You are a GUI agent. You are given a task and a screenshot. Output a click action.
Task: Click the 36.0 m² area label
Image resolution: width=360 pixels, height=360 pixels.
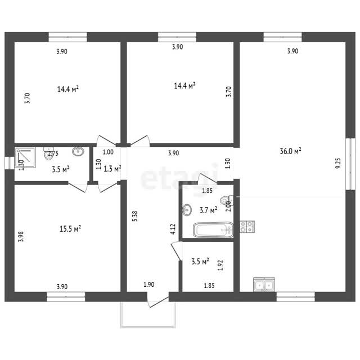click(290, 151)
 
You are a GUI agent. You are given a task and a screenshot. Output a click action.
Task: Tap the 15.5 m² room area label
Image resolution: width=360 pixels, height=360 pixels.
click(70, 229)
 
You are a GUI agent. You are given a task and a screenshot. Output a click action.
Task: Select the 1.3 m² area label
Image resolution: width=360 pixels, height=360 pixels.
click(112, 169)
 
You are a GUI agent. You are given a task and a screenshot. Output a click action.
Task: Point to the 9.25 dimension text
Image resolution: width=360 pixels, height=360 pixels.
click(338, 163)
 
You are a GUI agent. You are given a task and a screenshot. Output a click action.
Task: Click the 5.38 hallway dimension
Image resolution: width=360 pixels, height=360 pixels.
click(135, 216)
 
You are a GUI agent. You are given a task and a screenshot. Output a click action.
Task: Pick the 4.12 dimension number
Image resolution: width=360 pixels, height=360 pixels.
click(173, 229)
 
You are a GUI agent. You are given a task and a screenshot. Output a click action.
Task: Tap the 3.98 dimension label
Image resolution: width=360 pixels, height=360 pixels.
click(21, 236)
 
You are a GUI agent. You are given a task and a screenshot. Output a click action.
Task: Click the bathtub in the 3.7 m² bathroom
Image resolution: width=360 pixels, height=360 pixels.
click(213, 229)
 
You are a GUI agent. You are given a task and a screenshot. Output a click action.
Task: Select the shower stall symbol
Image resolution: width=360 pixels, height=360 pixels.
click(25, 157)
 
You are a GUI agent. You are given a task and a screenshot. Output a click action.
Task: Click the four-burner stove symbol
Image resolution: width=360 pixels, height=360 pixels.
click(247, 227)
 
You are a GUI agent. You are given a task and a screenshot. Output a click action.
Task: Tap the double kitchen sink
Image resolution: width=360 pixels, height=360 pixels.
click(264, 285)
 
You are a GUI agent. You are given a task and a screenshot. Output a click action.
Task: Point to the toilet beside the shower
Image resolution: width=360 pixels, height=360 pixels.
click(49, 153)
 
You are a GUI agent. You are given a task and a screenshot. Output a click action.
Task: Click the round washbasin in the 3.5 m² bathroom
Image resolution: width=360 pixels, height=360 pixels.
click(78, 151)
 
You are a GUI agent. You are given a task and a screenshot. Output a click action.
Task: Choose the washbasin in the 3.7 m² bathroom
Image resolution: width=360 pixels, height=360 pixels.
click(187, 210)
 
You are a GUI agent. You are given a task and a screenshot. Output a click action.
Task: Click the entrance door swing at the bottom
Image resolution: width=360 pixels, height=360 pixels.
click(159, 300)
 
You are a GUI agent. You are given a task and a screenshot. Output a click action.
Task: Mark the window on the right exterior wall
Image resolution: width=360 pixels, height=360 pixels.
click(350, 164)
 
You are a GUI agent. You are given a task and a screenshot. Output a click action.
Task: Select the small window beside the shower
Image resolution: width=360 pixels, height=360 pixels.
click(10, 163)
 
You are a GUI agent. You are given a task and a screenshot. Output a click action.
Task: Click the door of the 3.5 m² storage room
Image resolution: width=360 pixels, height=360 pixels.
click(176, 251)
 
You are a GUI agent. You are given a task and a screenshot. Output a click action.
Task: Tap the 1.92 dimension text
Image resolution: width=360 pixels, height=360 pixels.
click(220, 265)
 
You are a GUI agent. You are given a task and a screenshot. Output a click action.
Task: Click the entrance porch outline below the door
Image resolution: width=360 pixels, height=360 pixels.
click(148, 326)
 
